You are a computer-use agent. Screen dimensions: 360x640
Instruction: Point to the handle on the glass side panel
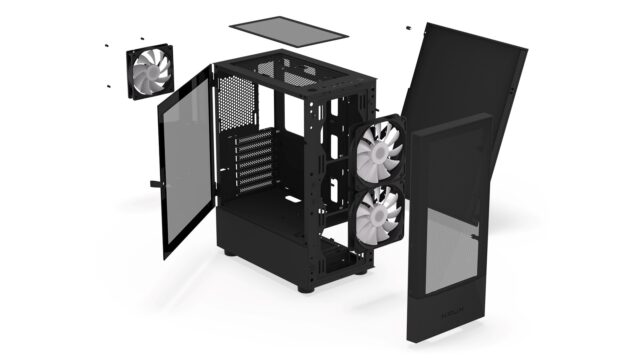point(154,184)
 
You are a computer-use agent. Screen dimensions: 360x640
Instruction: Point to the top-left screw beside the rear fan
point(105,45)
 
